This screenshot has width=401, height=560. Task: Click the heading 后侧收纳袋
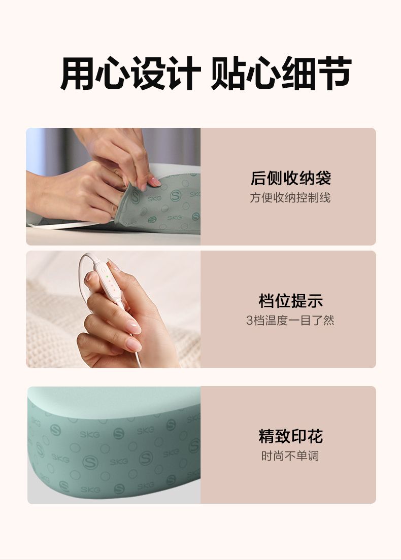pyautogui.click(x=290, y=178)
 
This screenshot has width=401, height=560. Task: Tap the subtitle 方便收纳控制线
pyautogui.click(x=290, y=197)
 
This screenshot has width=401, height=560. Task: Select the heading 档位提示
pyautogui.click(x=290, y=301)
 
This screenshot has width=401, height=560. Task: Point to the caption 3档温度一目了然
pyautogui.click(x=290, y=321)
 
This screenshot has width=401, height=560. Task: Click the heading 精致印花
pyautogui.click(x=290, y=436)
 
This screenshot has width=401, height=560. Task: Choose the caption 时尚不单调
pyautogui.click(x=290, y=456)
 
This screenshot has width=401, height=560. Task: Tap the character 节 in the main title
pyautogui.click(x=333, y=73)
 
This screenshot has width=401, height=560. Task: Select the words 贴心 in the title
pyautogui.click(x=245, y=73)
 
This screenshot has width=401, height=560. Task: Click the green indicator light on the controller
pyautogui.click(x=107, y=277)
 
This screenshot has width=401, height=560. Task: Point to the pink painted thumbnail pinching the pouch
pyautogui.click(x=154, y=182)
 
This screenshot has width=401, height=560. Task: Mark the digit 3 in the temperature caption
pyautogui.click(x=249, y=321)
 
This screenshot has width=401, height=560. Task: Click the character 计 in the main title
pyautogui.click(x=183, y=73)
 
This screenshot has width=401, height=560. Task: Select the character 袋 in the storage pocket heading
pyautogui.click(x=323, y=178)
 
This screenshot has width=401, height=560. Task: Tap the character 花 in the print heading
pyautogui.click(x=315, y=436)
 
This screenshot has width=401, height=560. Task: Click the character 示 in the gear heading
pyautogui.click(x=315, y=301)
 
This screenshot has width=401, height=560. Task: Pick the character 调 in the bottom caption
pyautogui.click(x=313, y=456)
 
